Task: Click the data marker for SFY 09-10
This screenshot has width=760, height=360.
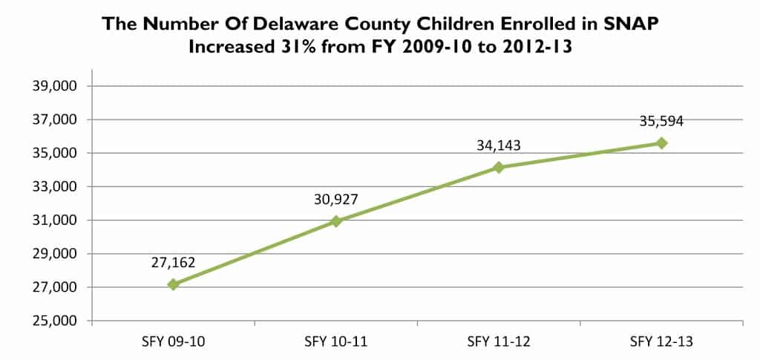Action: (173, 284)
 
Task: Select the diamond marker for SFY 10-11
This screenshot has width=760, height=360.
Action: (336, 220)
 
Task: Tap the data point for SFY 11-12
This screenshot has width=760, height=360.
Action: (499, 167)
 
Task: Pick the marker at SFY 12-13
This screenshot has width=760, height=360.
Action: (661, 143)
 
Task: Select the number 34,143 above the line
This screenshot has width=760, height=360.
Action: (499, 145)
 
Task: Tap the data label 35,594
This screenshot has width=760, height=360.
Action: (661, 121)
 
